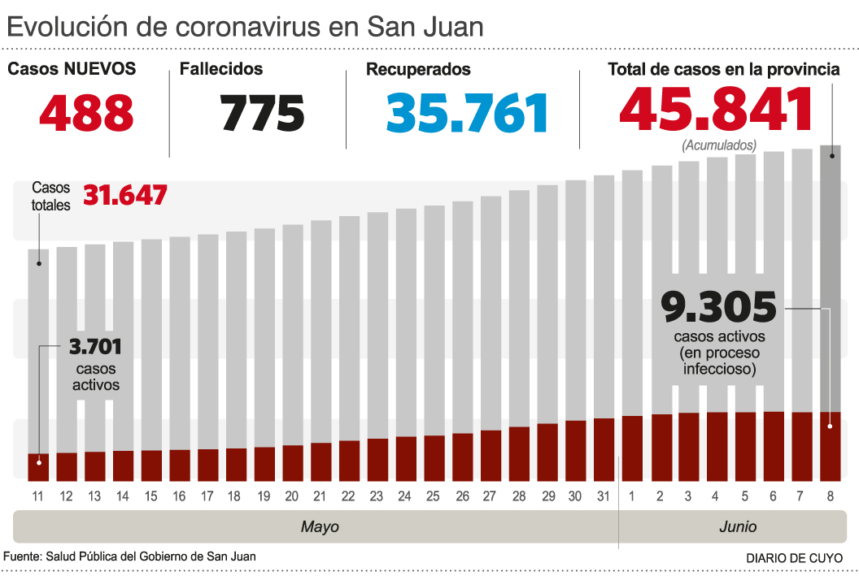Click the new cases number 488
[86, 112]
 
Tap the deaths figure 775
[262, 112]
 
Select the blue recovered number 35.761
[467, 112]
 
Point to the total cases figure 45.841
[717, 110]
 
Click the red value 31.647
[124, 196]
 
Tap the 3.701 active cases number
[95, 348]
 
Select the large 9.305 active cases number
[718, 309]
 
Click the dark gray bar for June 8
[830, 276]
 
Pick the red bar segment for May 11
[38, 466]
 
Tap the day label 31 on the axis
[604, 496]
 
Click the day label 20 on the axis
[292, 496]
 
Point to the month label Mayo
[320, 526]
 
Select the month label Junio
[738, 526]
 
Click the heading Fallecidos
[221, 69]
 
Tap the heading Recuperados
[418, 69]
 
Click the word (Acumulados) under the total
[719, 145]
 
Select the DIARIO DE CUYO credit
[794, 558]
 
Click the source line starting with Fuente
[130, 557]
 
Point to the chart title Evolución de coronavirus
[245, 27]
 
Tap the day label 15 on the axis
[151, 496]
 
